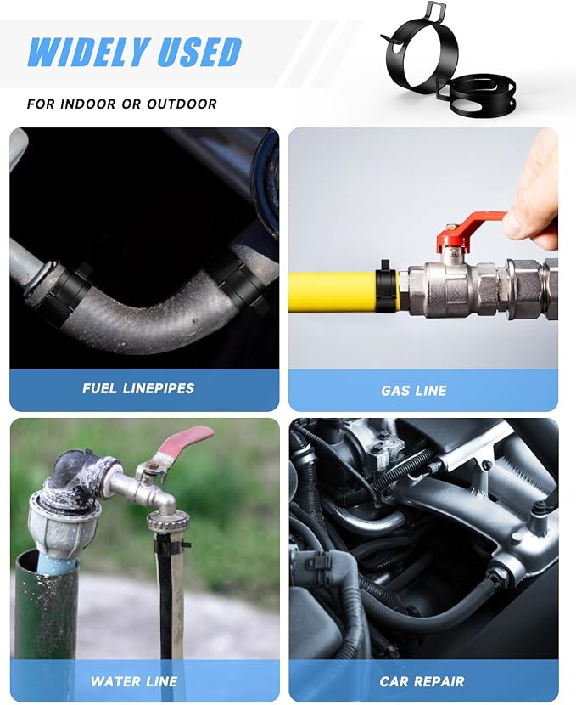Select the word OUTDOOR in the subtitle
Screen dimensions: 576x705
click(182, 104)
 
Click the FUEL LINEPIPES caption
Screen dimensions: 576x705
click(138, 388)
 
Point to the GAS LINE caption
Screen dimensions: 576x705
click(414, 390)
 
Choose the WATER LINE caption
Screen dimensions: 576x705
click(134, 681)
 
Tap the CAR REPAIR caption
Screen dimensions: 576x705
click(422, 681)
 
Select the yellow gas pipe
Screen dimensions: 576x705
click(333, 291)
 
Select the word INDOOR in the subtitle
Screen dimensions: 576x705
click(87, 104)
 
